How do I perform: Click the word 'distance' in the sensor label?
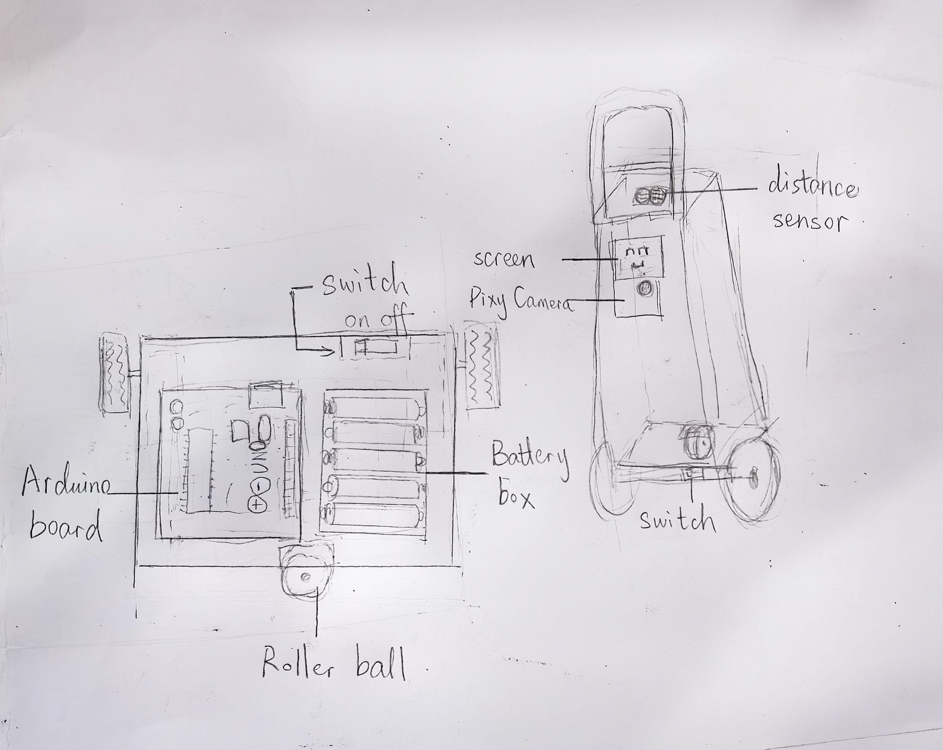[812, 188]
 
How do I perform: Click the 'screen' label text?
[504, 260]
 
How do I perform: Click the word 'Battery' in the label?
[530, 460]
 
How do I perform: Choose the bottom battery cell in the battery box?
[374, 515]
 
